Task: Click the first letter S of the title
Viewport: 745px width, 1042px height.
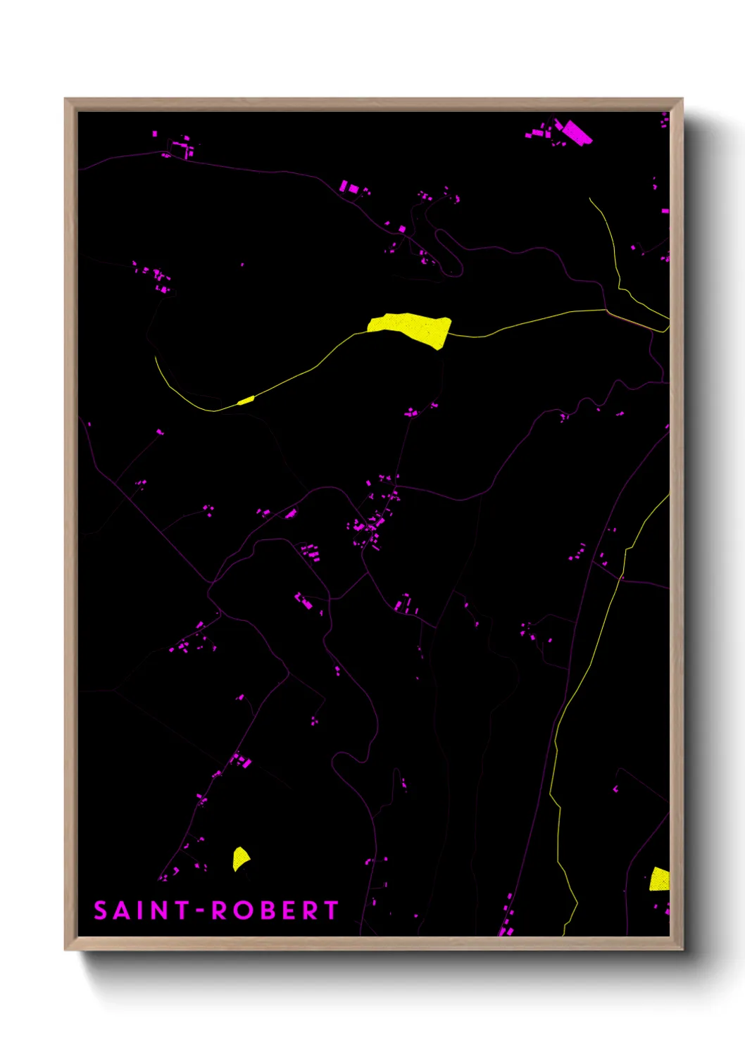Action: pos(101,910)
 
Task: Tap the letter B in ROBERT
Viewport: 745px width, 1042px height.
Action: pos(263,910)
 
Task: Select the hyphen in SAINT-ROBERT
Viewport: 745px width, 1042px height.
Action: pos(201,910)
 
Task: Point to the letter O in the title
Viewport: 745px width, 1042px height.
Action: pos(241,910)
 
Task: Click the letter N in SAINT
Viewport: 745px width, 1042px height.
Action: pos(158,910)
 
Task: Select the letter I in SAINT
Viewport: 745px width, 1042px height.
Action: pos(139,910)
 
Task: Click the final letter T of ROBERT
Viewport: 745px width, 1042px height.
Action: pos(331,910)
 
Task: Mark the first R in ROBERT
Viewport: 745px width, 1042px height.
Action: pos(219,910)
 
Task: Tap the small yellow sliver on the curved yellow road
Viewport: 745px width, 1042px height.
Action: pos(246,401)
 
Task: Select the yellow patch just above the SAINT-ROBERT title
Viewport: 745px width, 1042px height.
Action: pos(240,858)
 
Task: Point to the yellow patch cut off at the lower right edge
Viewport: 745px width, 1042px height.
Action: pos(660,879)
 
